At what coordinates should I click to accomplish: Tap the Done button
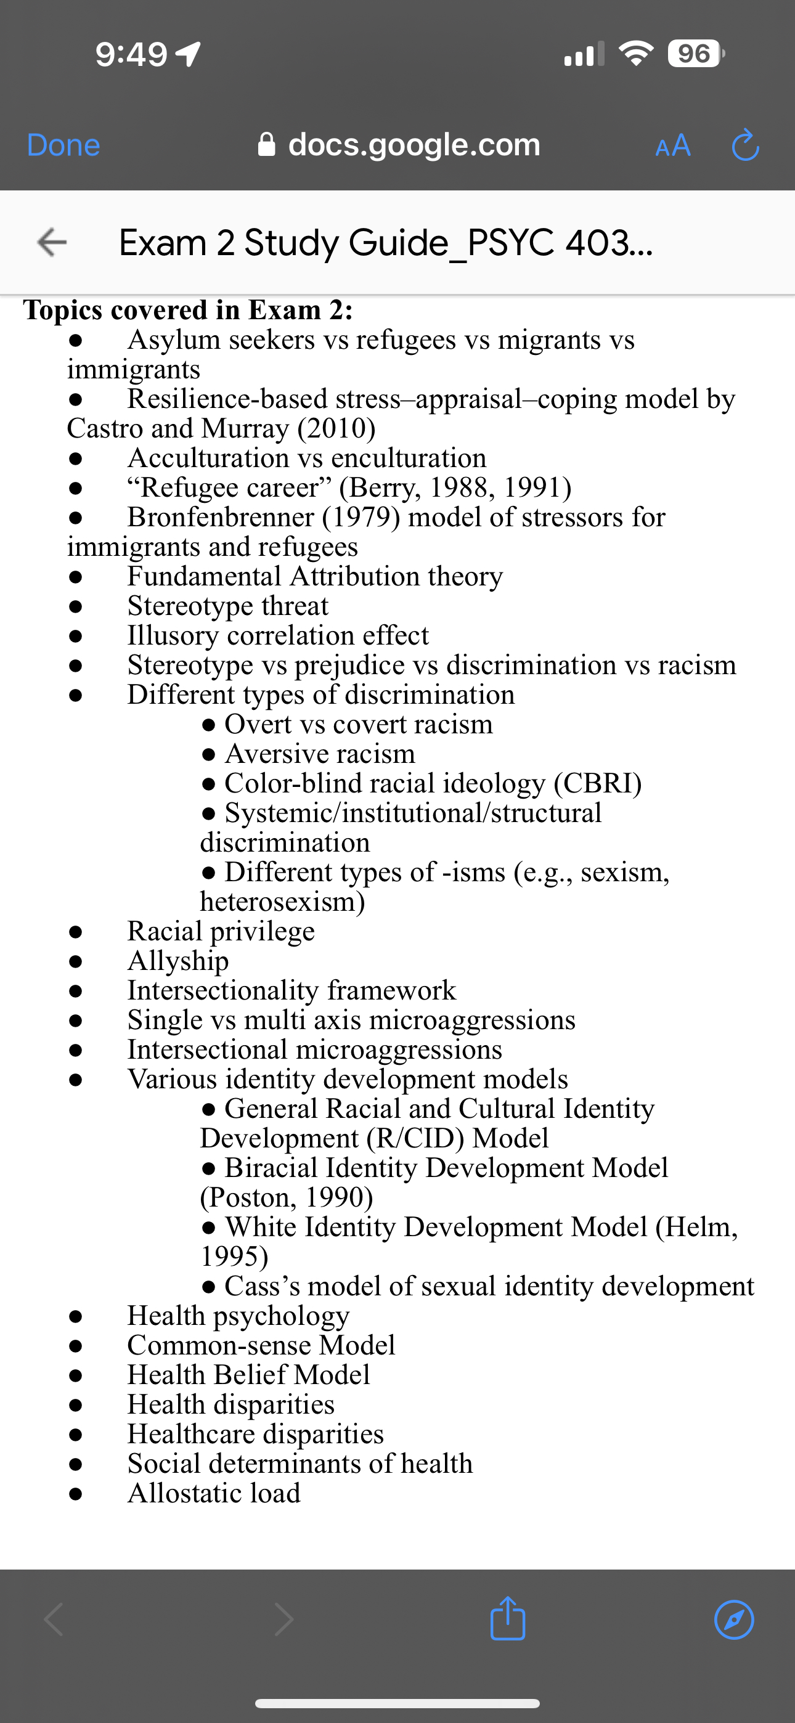[63, 145]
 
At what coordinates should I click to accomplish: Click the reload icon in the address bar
[745, 145]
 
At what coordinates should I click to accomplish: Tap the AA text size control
[672, 145]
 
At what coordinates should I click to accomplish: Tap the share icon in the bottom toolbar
[507, 1619]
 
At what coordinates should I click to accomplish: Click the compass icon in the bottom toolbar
[733, 1619]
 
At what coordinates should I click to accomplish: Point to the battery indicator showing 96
[695, 54]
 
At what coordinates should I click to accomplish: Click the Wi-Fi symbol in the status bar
[636, 54]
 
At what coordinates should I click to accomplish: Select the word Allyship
[178, 961]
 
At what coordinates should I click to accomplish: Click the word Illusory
[173, 635]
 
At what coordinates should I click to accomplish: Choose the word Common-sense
[219, 1345]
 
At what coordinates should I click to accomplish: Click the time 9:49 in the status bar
[131, 54]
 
